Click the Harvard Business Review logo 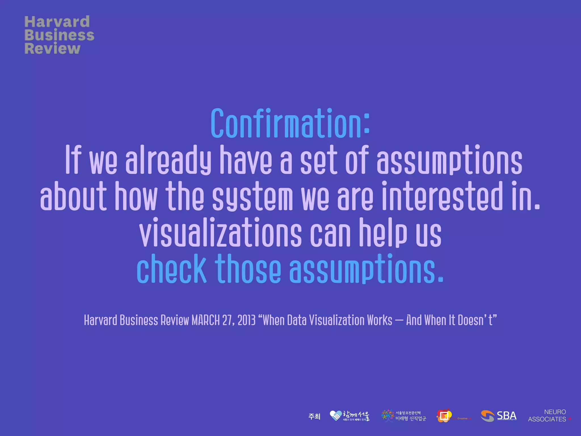point(59,35)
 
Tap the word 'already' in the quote point(168,160)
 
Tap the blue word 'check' point(171,269)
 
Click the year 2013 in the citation point(247,320)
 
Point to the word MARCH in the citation point(205,320)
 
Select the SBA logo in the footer point(498,416)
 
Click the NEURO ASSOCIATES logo point(549,416)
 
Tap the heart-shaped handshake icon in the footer point(335,416)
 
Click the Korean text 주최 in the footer point(314,416)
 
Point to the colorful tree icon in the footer point(388,416)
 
